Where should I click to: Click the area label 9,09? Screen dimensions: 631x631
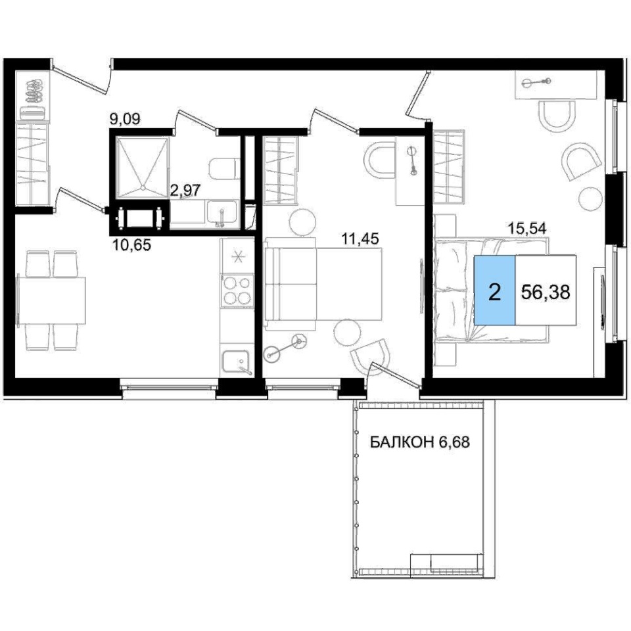click(x=125, y=119)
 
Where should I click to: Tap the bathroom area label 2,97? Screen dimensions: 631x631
click(x=185, y=190)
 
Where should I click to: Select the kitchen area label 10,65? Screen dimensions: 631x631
click(x=132, y=245)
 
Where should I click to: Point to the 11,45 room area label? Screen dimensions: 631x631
click(x=360, y=239)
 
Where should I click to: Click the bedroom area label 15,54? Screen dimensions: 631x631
click(x=527, y=229)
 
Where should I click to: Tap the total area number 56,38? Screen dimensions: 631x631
click(x=546, y=292)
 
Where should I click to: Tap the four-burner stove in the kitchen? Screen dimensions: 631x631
click(x=237, y=291)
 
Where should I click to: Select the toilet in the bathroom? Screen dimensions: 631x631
click(x=223, y=168)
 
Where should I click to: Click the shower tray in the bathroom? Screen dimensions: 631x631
click(x=142, y=168)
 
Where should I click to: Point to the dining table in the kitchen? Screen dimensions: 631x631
click(x=52, y=300)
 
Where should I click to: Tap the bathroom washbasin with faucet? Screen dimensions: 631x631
click(x=223, y=212)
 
